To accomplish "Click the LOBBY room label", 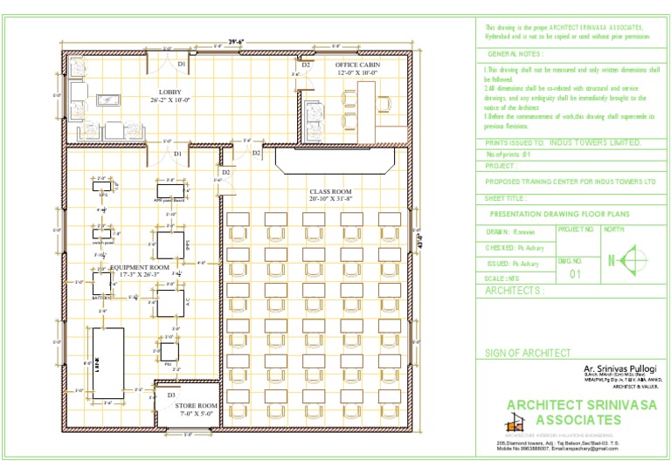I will tap(169, 92).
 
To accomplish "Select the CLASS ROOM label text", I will tap(330, 191).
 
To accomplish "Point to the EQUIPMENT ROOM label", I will tap(140, 267).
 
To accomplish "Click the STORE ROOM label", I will tap(196, 406).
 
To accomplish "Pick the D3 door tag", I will tap(171, 395).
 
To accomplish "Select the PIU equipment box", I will tap(168, 353).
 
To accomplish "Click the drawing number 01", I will tap(574, 273).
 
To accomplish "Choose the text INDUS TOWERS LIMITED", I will tap(597, 142).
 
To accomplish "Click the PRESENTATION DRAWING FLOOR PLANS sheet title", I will tap(559, 213).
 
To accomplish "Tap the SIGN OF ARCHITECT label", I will tap(528, 353).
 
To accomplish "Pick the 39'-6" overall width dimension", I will tap(236, 41).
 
